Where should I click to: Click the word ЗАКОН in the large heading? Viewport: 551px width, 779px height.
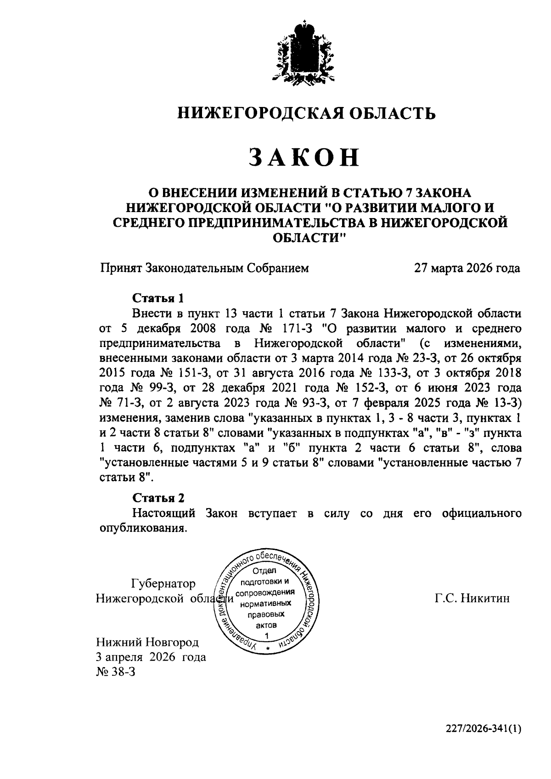click(304, 157)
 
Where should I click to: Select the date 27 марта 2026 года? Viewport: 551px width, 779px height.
click(467, 268)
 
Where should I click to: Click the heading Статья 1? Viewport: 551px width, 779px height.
click(158, 298)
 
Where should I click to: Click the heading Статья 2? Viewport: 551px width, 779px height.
click(158, 498)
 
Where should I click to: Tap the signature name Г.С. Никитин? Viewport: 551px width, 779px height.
click(472, 598)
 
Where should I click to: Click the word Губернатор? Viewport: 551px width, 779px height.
click(163, 583)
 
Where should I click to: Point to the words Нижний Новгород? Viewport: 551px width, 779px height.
click(147, 642)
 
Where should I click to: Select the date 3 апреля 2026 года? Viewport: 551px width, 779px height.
click(151, 657)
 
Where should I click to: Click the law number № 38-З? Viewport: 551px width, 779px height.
click(116, 672)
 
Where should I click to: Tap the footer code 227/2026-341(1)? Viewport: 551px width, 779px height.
click(484, 729)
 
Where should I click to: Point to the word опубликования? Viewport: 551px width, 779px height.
click(143, 528)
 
